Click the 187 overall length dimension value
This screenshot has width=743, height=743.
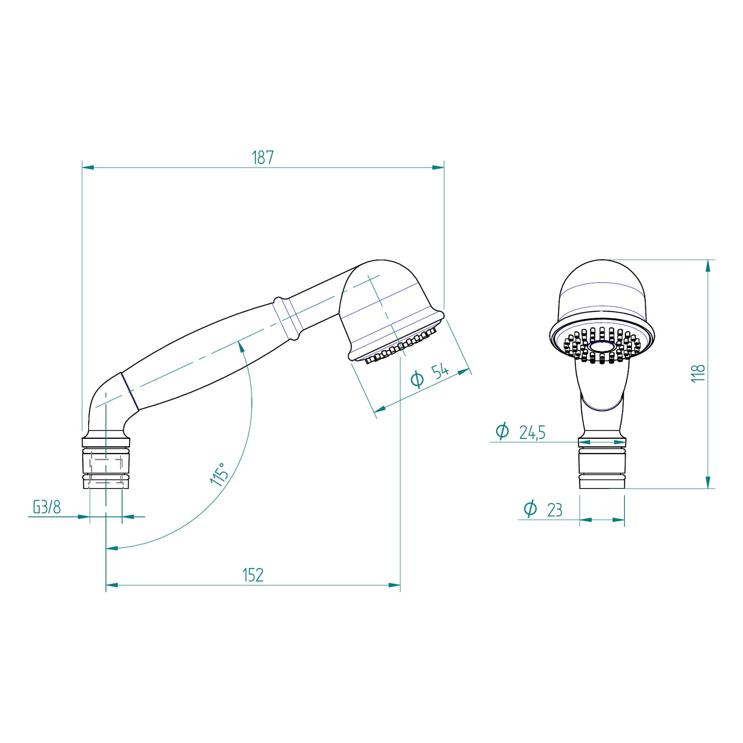(x=263, y=158)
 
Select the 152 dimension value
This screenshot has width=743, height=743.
(x=253, y=575)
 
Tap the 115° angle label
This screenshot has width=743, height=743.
(x=219, y=474)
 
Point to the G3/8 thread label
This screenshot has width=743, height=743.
(x=46, y=507)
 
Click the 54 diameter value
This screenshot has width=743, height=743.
(x=440, y=371)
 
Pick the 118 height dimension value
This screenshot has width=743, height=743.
(x=698, y=373)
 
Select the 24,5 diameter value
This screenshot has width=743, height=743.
(x=532, y=433)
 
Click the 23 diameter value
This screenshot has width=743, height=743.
(x=554, y=510)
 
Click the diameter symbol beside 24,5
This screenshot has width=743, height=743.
(x=502, y=431)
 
